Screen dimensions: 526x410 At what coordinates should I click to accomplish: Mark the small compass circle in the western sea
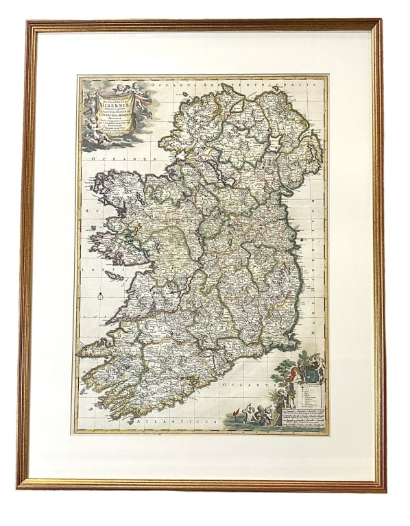(x=100, y=296)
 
